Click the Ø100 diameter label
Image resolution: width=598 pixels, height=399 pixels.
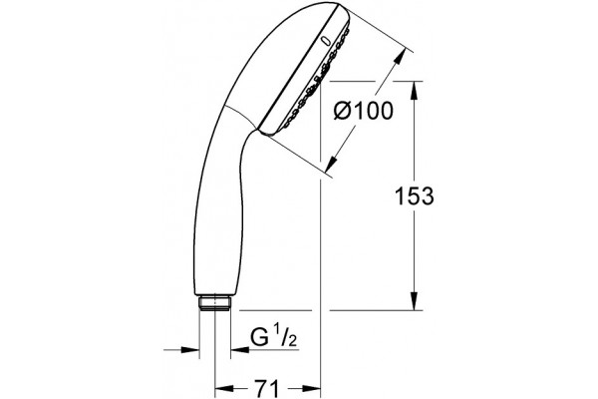(363, 111)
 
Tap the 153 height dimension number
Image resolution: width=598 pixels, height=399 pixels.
(414, 197)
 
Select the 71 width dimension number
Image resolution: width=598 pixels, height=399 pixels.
(266, 389)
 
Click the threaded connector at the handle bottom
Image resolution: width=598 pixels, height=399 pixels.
(214, 302)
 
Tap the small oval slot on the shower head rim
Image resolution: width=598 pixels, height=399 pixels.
(326, 41)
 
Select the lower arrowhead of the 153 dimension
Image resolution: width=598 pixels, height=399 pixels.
(415, 301)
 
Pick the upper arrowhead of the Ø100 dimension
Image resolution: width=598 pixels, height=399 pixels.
(399, 59)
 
